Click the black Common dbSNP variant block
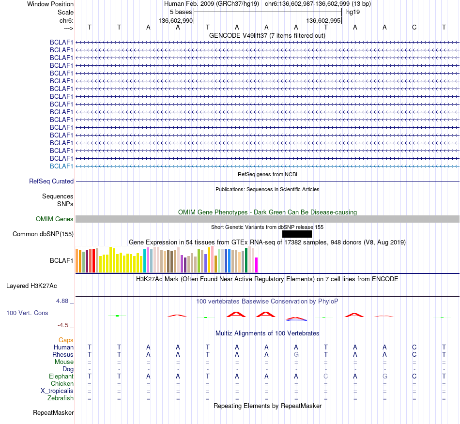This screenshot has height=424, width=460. [x=297, y=234]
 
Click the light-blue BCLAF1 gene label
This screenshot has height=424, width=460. [x=61, y=166]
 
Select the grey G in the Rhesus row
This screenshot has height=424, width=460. [x=296, y=354]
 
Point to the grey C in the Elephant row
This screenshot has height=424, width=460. [x=326, y=376]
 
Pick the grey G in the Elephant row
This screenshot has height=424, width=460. [x=385, y=376]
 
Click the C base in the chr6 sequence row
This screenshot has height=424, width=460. [x=414, y=27]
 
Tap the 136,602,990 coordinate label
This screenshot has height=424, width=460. [x=176, y=20]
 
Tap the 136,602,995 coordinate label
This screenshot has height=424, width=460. [x=323, y=20]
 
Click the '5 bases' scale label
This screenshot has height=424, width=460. [x=181, y=12]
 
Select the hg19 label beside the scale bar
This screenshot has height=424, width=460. [x=353, y=12]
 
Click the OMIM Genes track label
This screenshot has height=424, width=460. [x=55, y=219]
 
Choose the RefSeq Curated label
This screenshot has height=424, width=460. [x=51, y=181]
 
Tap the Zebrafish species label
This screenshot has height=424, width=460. [x=61, y=398]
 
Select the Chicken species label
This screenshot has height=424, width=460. [x=62, y=383]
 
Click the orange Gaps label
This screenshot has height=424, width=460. [x=66, y=340]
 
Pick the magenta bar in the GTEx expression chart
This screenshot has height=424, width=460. [x=257, y=265]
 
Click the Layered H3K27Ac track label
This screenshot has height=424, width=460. [x=31, y=286]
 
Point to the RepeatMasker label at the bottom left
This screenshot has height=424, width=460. [x=53, y=412]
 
